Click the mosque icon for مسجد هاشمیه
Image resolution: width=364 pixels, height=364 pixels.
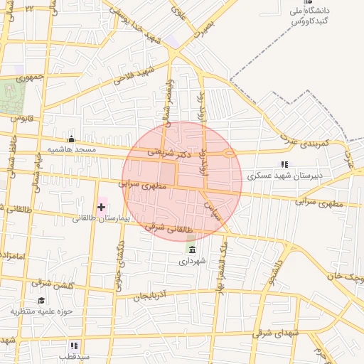[70, 139]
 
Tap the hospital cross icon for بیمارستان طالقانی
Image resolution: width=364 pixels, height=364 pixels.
[101, 207]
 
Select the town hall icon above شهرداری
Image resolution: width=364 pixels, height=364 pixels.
[192, 248]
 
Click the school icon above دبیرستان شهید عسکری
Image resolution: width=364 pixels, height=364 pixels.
[285, 164]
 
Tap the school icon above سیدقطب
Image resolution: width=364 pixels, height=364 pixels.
[73, 345]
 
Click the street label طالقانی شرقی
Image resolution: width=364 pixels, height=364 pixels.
[168, 229]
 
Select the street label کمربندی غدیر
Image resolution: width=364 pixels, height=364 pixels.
[306, 143]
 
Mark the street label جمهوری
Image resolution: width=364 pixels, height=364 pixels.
[31, 75]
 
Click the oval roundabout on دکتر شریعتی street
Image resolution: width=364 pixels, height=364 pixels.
[227, 154]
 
